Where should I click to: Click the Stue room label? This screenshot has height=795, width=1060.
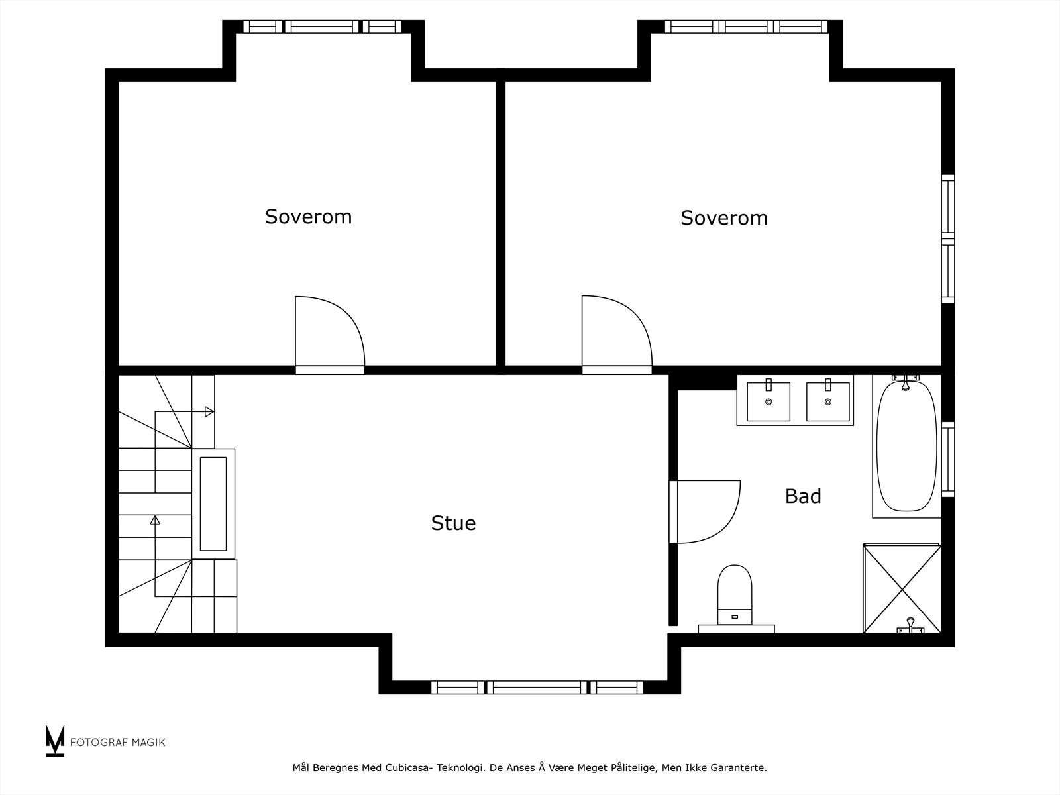[x=453, y=523]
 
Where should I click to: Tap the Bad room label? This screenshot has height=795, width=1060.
[x=803, y=496]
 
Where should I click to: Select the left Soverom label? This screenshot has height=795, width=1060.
[x=308, y=217]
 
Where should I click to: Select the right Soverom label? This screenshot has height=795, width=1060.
[x=724, y=218]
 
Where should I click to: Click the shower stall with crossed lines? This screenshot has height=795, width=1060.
[x=902, y=588]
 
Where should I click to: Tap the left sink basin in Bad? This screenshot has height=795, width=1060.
[x=768, y=401]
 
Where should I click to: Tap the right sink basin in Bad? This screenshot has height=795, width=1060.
[x=827, y=401]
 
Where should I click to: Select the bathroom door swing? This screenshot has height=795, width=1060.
[x=706, y=511]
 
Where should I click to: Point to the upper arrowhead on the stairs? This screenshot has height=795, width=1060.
[x=209, y=412]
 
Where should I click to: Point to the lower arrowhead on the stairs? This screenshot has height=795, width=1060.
[x=155, y=520]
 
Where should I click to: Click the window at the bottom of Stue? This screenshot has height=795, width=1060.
[x=537, y=687]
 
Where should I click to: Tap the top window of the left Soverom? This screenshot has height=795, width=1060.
[x=322, y=26]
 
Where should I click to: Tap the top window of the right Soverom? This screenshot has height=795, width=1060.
[x=746, y=26]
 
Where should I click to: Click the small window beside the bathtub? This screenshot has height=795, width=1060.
[x=948, y=458]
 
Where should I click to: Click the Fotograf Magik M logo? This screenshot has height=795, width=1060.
[x=55, y=741]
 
